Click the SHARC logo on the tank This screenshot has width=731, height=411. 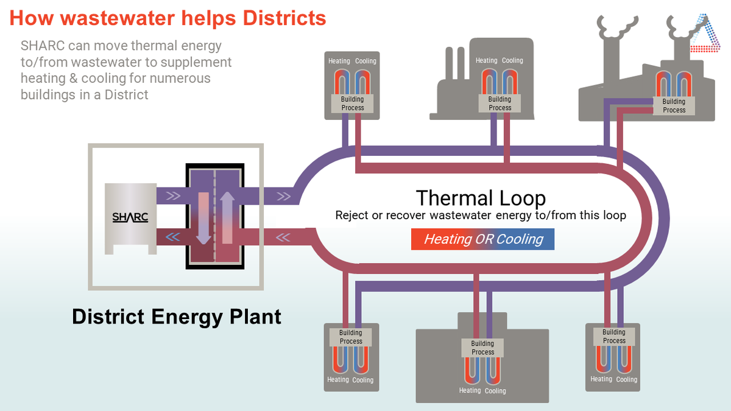(130, 217)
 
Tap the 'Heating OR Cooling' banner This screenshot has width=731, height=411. (482, 239)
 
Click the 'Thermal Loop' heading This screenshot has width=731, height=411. (481, 198)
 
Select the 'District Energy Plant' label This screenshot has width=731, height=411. (177, 317)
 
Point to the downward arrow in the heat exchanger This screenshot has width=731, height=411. (203, 218)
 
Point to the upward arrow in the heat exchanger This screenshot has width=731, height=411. (227, 217)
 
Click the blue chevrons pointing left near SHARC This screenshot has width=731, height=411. (172, 236)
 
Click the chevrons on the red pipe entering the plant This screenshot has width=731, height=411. (283, 237)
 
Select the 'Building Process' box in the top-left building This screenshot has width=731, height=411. (353, 104)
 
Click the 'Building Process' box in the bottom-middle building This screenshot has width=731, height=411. (482, 348)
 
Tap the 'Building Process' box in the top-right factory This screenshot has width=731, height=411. (674, 106)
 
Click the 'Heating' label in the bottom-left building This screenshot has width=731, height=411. (338, 380)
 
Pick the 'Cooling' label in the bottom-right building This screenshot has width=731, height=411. (627, 379)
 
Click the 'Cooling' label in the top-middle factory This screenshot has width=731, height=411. (512, 60)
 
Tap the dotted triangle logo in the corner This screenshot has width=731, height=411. (705, 33)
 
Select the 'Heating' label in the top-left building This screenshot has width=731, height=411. (339, 61)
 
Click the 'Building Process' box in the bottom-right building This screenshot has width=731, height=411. (614, 336)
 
